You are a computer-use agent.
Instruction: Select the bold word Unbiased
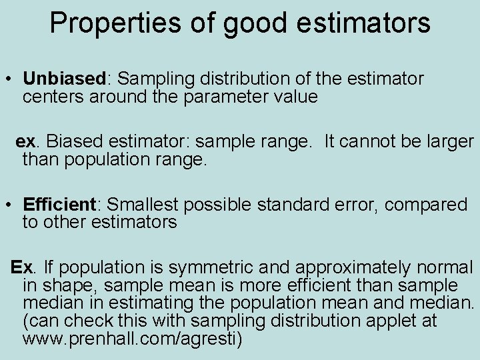point(64,79)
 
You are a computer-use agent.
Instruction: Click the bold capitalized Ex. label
point(21,268)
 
